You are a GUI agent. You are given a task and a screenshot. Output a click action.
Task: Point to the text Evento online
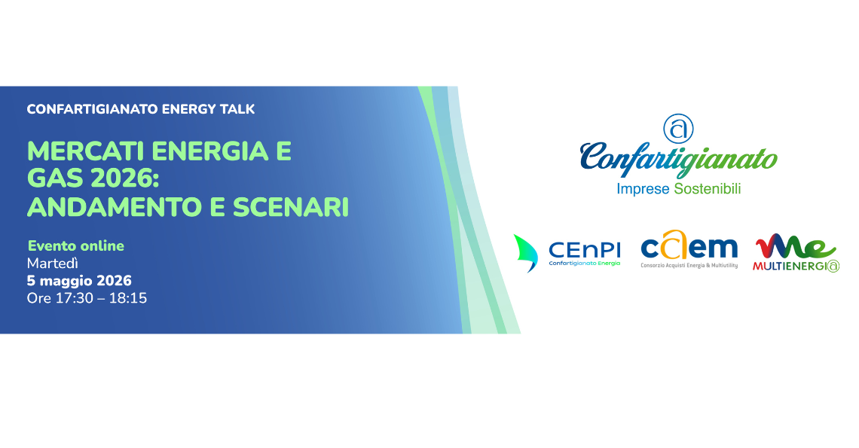tap(75, 245)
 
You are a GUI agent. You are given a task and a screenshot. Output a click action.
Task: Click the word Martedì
tap(53, 264)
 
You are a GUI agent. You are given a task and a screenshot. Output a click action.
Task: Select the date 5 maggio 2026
tap(79, 281)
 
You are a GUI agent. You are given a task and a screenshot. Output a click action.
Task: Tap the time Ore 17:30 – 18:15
tap(87, 298)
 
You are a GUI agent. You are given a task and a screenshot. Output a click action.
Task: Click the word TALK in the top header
tap(234, 109)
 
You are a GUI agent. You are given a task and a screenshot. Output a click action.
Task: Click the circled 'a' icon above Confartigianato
tap(677, 129)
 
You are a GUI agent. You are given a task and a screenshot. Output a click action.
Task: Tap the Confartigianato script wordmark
tap(678, 158)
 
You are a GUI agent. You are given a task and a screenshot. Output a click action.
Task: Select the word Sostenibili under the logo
tap(707, 189)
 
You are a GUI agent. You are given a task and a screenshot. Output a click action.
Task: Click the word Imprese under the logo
tap(642, 189)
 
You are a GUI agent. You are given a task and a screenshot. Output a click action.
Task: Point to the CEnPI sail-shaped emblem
tap(525, 251)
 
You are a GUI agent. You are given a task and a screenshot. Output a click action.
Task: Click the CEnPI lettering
tap(585, 248)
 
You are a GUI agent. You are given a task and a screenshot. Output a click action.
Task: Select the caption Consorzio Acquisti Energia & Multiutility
tap(689, 266)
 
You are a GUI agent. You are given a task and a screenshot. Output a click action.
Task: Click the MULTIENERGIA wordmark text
tap(795, 266)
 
